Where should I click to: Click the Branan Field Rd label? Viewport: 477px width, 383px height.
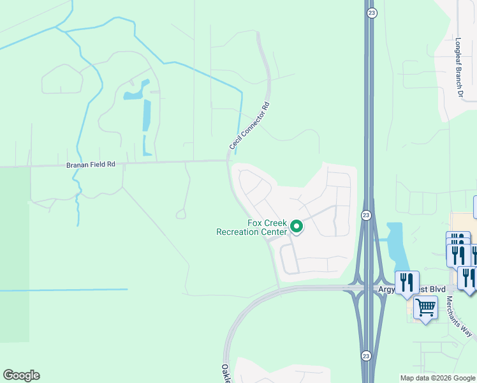point(91,165)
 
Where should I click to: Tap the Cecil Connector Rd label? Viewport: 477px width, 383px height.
point(249,126)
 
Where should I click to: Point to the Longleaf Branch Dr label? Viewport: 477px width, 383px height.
point(458,67)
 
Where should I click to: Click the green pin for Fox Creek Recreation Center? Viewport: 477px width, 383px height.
point(296,226)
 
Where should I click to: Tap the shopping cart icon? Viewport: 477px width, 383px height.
point(425,308)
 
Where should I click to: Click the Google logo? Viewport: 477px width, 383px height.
point(21,375)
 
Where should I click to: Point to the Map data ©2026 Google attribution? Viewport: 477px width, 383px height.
point(437,378)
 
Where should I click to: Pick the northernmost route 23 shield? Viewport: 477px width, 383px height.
point(372,12)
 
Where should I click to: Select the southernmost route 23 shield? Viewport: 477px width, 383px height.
point(365,356)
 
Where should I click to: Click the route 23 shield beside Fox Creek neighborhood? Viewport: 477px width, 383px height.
point(365,215)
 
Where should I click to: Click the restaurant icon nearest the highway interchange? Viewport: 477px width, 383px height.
point(406,281)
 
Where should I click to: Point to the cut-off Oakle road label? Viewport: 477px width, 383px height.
point(225,373)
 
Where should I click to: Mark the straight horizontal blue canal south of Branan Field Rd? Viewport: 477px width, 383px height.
point(64,290)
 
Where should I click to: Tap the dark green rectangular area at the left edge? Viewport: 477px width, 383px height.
point(14,255)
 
